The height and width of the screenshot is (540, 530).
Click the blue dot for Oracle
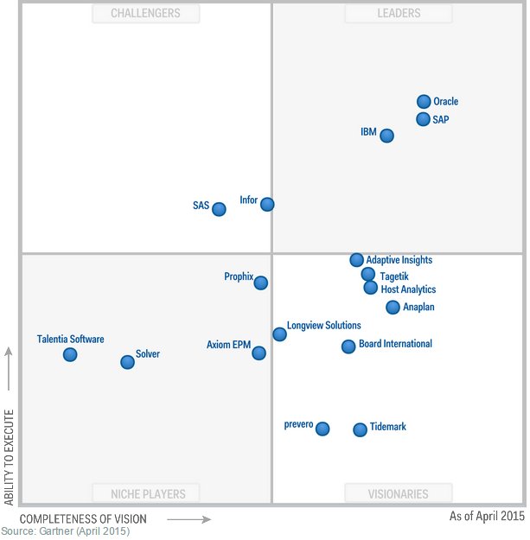pyautogui.click(x=424, y=102)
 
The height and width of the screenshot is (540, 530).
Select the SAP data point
pyautogui.click(x=423, y=119)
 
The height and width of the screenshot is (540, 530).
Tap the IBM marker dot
pyautogui.click(x=386, y=136)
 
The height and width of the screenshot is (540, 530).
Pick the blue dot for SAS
pyautogui.click(x=219, y=209)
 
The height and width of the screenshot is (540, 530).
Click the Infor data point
pyautogui.click(x=267, y=205)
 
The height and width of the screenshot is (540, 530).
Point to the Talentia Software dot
pyautogui.click(x=70, y=354)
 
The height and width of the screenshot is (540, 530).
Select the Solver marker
pyautogui.click(x=127, y=362)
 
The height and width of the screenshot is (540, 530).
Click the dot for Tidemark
pyautogui.click(x=360, y=429)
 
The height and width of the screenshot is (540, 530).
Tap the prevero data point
pyautogui.click(x=322, y=429)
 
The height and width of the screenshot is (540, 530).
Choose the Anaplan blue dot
pyautogui.click(x=393, y=307)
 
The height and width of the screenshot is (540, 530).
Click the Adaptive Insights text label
pyautogui.click(x=399, y=260)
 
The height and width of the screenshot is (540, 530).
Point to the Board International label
pyautogui.click(x=395, y=344)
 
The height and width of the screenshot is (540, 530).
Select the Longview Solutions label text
pyautogui.click(x=323, y=326)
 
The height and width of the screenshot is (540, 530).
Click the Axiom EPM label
pyautogui.click(x=228, y=345)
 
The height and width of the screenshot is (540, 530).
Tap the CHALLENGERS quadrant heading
pyautogui.click(x=145, y=13)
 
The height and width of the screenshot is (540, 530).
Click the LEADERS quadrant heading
pyautogui.click(x=399, y=13)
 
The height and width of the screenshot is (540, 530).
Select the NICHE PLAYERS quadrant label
pyautogui.click(x=148, y=494)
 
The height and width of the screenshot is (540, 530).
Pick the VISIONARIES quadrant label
pyautogui.click(x=398, y=494)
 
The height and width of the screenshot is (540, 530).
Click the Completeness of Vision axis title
pyautogui.click(x=83, y=519)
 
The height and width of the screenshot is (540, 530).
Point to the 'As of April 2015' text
pyautogui.click(x=487, y=517)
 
